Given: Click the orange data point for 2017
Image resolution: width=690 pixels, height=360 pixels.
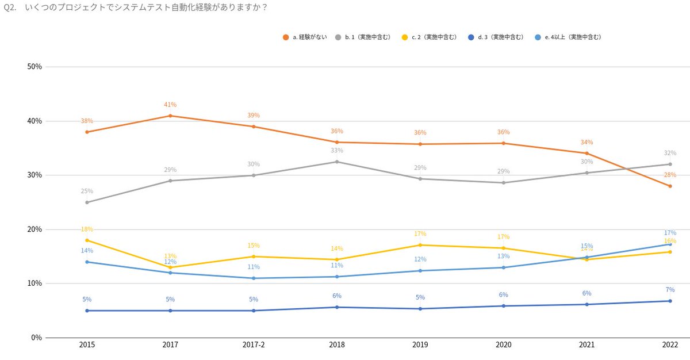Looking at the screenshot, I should coord(170,116).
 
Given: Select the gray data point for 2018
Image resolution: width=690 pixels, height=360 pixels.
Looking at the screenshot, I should coord(337,162).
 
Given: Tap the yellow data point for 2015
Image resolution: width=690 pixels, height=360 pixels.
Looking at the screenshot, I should coord(87,240).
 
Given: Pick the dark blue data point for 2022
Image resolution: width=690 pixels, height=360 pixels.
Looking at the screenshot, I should coord(670,301).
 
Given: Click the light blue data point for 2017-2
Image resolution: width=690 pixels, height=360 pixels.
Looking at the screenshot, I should coord(254,278).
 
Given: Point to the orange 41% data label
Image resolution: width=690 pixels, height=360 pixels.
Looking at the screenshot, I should coord(170,105).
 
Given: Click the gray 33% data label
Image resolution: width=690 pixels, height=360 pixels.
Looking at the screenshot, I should coord(337,151).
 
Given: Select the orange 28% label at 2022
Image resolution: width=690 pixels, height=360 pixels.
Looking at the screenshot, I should coord(670,175).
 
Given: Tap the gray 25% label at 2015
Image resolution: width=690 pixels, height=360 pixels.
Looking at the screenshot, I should coord(87,192).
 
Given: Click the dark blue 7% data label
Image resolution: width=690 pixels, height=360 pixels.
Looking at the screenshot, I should coord(670,290).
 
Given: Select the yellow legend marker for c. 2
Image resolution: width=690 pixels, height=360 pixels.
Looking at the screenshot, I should coord(405,37).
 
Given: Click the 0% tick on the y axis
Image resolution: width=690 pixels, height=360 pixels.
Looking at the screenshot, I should coord(37,338).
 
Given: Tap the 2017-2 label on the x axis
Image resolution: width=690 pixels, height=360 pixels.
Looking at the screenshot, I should coord(254,346).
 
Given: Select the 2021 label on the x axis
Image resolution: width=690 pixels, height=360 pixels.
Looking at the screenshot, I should coord(586,346).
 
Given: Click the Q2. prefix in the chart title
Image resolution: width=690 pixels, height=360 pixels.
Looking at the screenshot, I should coord(10,8).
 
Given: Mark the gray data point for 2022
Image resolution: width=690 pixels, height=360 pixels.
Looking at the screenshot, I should coord(670,164).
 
